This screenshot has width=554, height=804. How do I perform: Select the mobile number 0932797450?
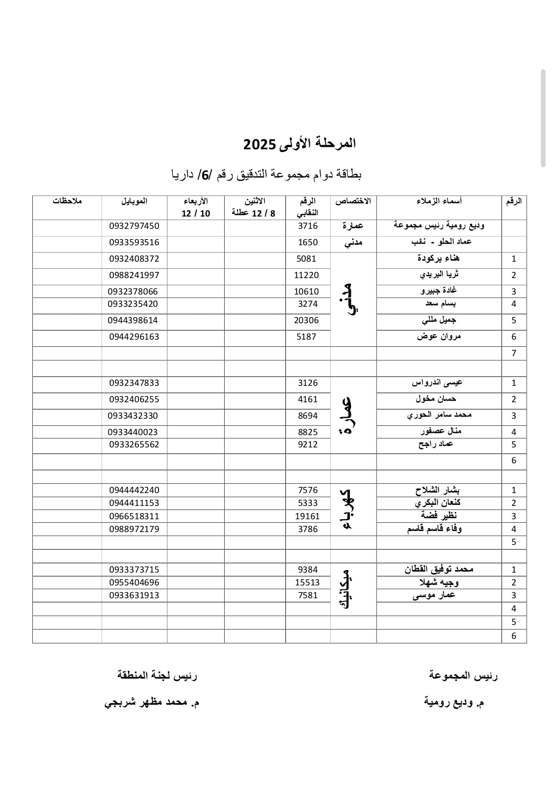point(134,226)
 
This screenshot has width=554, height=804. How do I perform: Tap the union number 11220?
point(307,276)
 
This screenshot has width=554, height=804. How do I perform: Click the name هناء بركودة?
point(439,258)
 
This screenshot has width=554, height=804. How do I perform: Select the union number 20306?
point(307,321)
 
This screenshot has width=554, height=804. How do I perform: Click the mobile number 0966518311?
point(134,516)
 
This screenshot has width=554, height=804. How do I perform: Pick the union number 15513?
point(307,582)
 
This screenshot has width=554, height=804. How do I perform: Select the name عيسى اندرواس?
point(438,383)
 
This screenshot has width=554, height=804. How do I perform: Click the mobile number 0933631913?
point(134,596)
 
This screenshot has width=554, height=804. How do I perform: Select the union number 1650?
point(308,243)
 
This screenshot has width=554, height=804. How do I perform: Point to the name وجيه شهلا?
point(439,582)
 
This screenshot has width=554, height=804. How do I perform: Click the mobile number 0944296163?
point(134,337)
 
